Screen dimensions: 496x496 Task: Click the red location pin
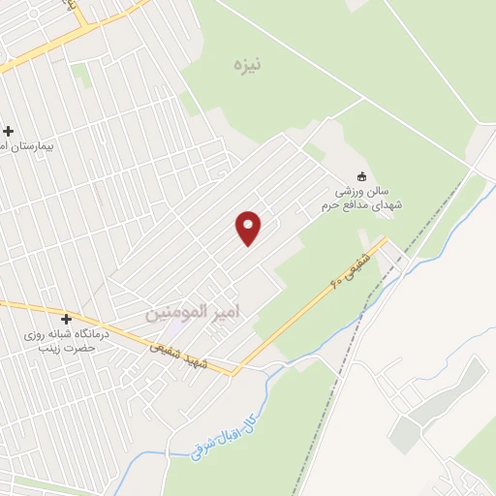(x=249, y=228)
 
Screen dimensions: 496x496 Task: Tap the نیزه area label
(x=247, y=66)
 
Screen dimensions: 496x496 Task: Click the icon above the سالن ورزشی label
(x=363, y=177)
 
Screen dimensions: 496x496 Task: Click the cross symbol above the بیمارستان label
(x=9, y=131)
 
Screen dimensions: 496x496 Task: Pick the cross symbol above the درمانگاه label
(x=66, y=319)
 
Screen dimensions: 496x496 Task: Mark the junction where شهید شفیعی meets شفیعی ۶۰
(x=236, y=371)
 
